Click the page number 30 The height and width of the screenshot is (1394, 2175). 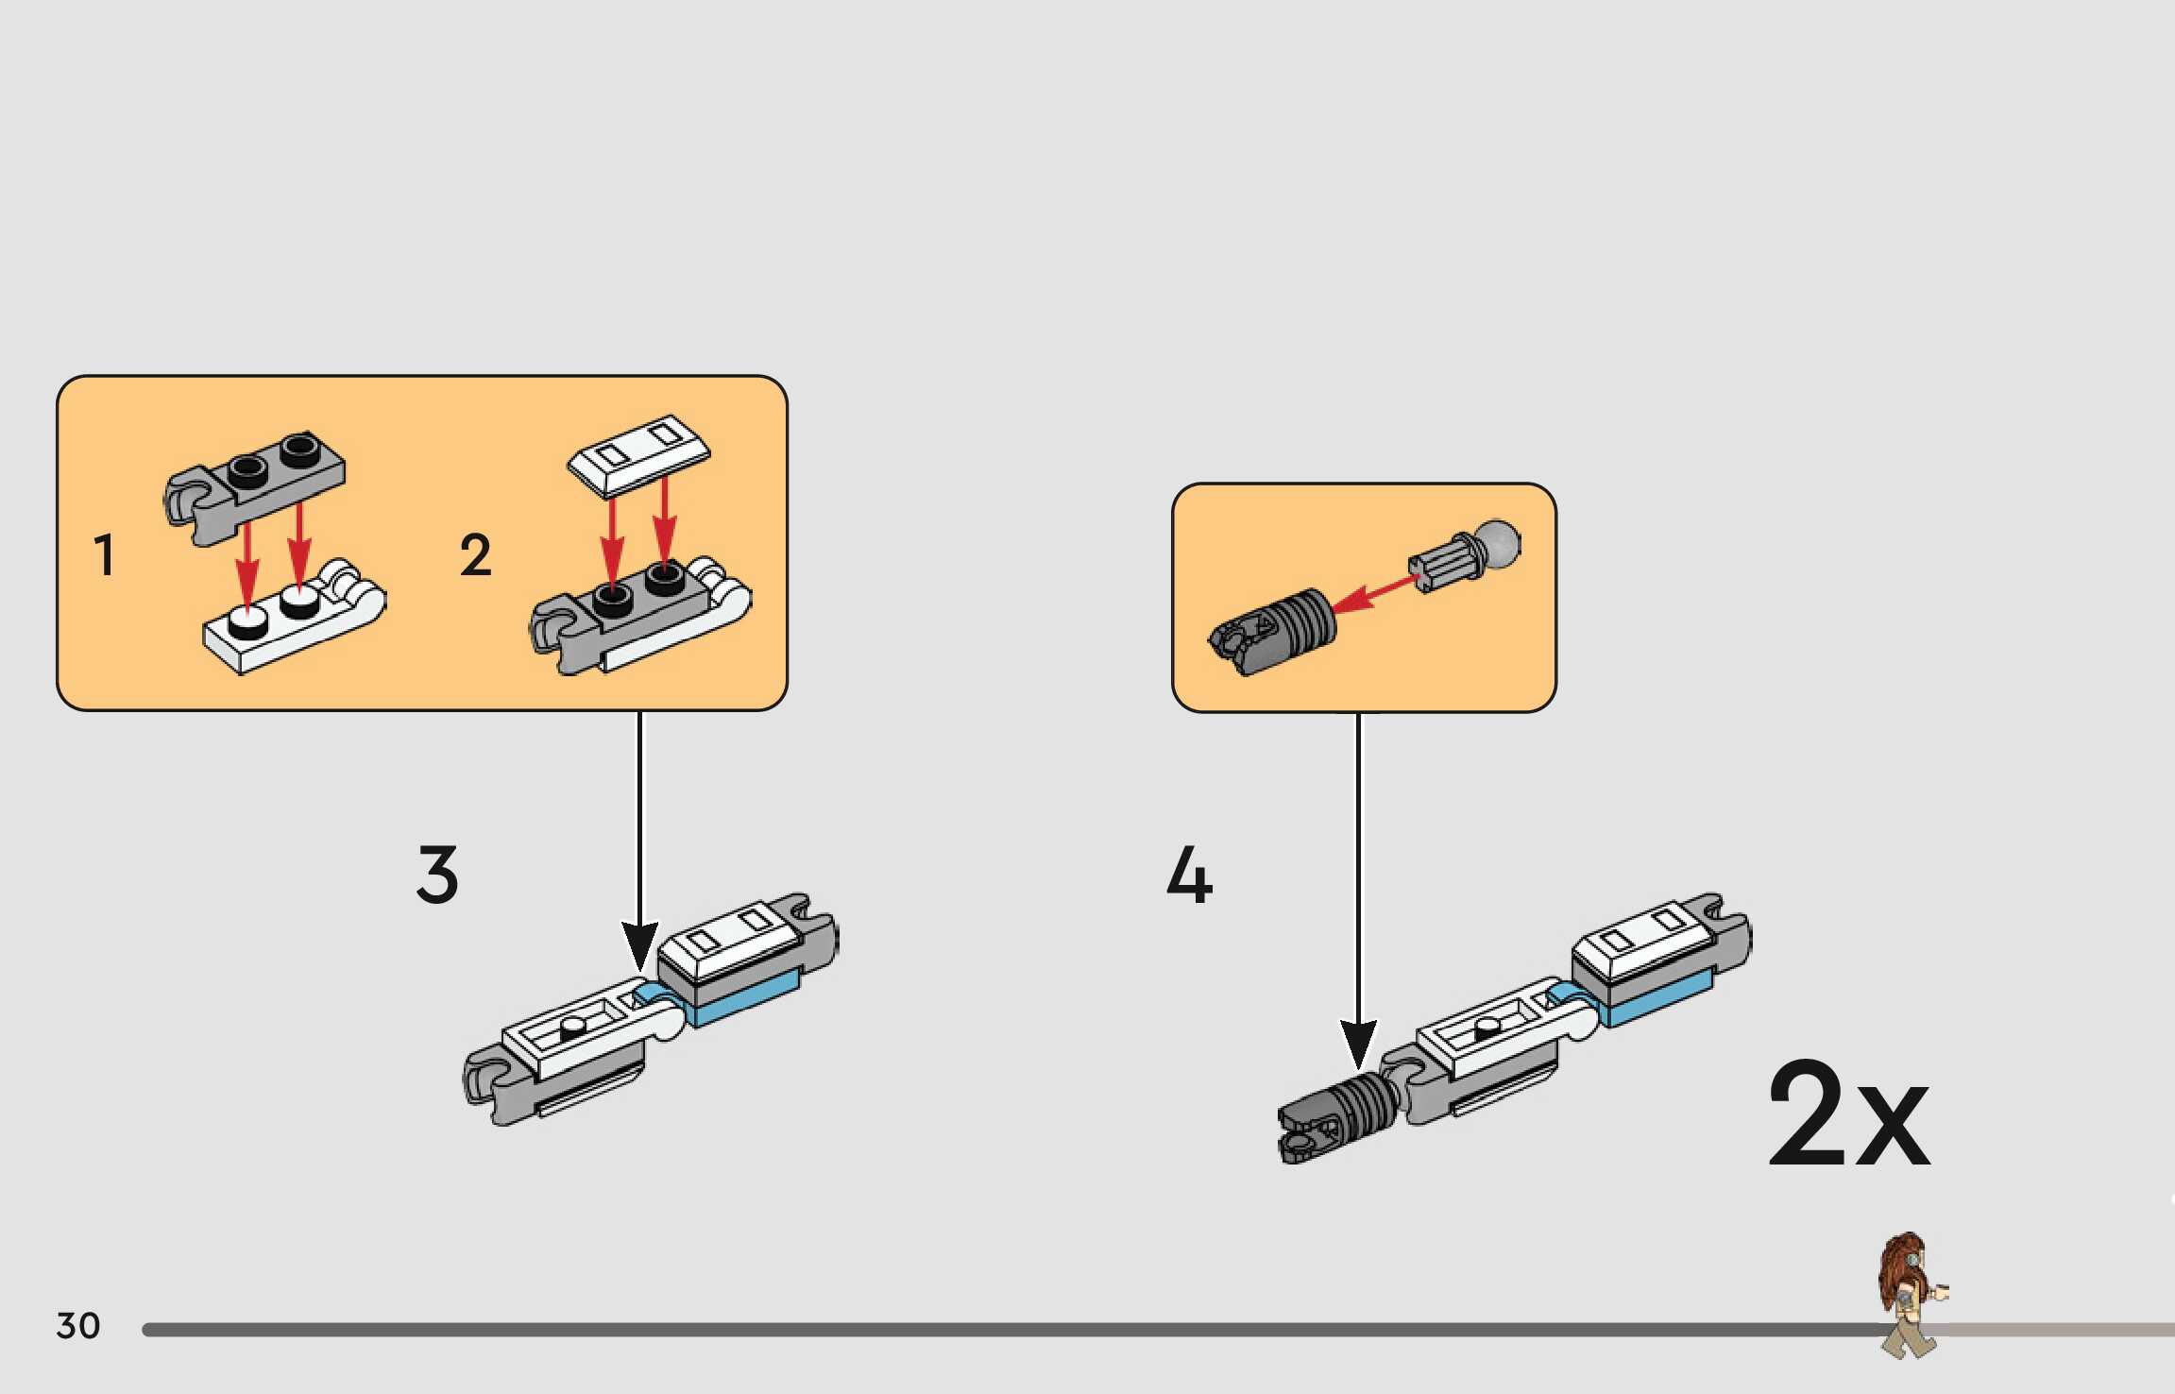(78, 1326)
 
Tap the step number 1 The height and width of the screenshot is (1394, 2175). (104, 554)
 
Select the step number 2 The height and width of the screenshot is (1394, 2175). (475, 554)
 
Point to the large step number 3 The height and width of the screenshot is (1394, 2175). (437, 875)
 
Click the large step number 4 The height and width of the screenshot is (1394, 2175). (1189, 875)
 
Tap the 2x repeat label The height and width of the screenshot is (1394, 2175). (1848, 1114)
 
